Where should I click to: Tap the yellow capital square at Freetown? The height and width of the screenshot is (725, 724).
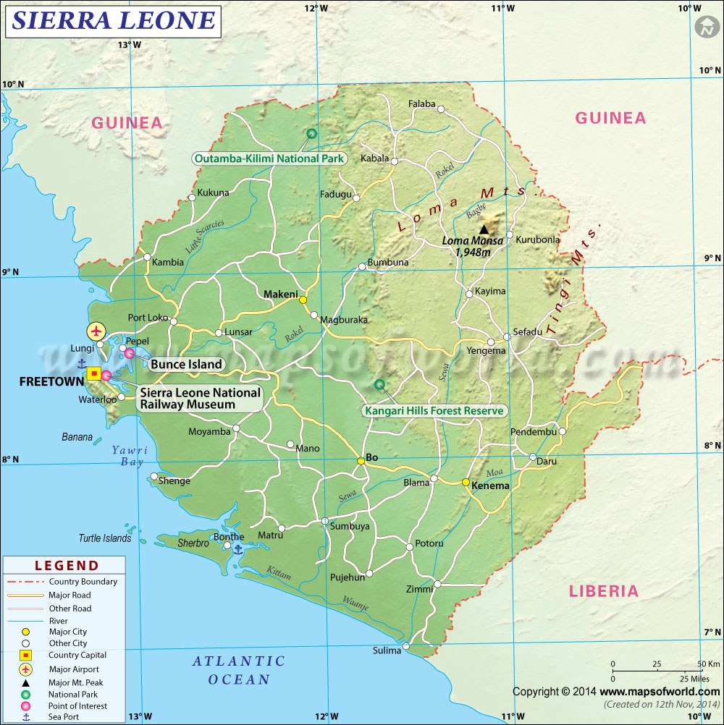94,373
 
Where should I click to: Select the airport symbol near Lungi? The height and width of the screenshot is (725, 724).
96,331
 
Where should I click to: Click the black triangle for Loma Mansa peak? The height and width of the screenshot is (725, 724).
484,229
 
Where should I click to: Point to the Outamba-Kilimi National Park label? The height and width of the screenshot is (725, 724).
269,158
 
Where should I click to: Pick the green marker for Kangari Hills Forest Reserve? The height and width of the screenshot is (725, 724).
378,385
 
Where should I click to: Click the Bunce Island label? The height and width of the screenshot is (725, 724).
186,364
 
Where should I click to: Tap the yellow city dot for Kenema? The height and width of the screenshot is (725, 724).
466,482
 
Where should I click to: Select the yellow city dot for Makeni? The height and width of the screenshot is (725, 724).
303,300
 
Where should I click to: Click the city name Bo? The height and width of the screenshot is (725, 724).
372,457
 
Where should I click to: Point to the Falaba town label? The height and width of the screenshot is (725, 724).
422,103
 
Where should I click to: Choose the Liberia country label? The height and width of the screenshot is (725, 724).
604,591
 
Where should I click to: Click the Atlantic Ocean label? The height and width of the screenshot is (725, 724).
239,670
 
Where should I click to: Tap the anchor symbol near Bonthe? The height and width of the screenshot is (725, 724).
238,550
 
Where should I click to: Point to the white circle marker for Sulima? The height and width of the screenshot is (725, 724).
407,646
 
